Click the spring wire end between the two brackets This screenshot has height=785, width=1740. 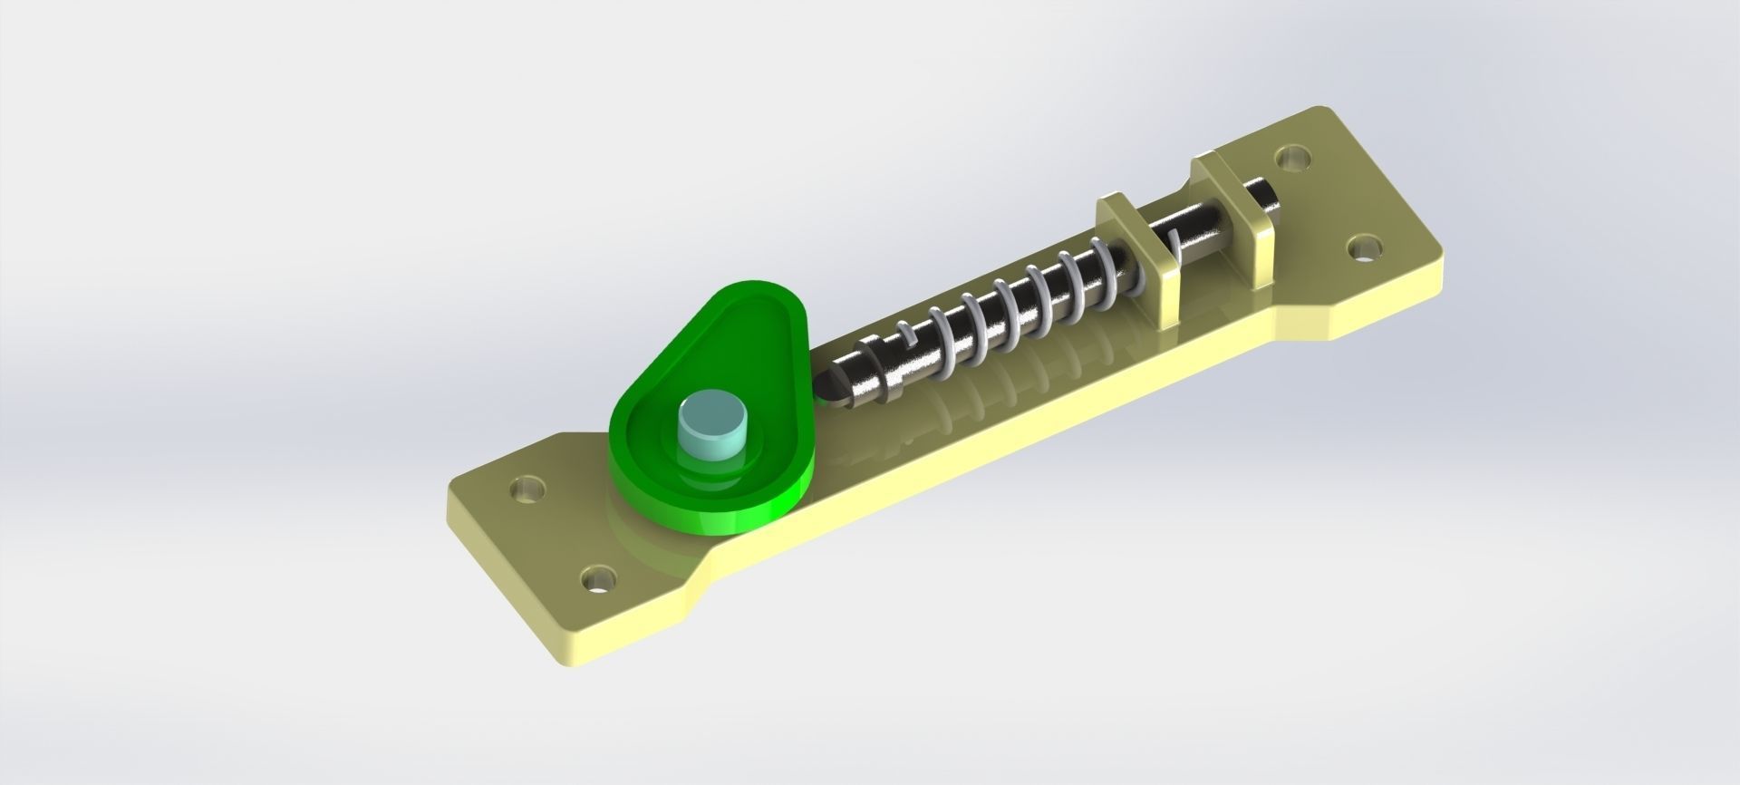(x=1175, y=243)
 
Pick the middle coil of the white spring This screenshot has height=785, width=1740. (x=1007, y=317)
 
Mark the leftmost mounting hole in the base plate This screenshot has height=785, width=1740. (x=526, y=490)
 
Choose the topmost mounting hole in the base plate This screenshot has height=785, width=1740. (x=1293, y=159)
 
